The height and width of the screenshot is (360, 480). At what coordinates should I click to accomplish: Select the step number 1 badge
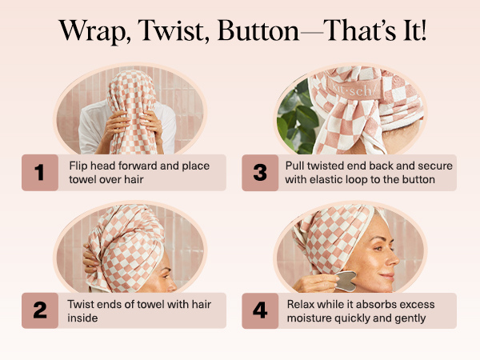(40, 173)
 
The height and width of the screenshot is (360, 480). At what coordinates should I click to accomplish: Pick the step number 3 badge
(261, 173)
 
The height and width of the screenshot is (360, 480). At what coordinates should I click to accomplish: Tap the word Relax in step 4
(303, 303)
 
